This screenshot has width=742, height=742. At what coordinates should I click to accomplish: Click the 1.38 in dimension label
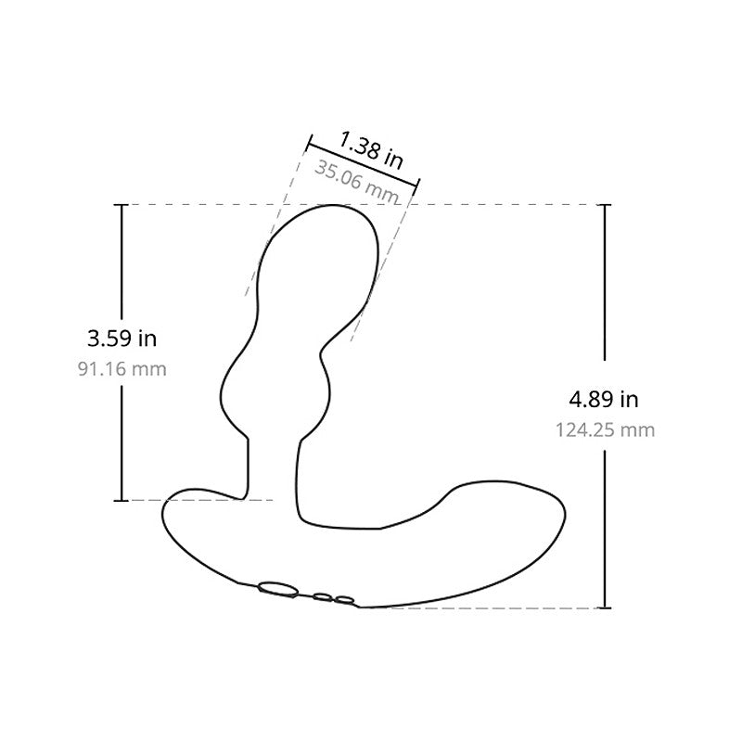click(371, 150)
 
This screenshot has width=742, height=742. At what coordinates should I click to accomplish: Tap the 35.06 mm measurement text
click(356, 182)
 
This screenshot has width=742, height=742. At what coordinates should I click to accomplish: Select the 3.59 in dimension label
click(122, 339)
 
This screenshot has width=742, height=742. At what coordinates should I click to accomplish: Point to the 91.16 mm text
click(122, 369)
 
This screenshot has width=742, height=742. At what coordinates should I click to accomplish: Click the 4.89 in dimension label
click(604, 400)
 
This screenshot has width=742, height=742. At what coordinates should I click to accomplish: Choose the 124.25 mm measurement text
click(605, 430)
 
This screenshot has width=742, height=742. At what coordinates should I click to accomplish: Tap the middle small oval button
click(322, 597)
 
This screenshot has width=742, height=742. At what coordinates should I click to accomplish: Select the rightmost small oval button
click(344, 600)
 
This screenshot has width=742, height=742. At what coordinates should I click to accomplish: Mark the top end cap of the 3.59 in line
click(122, 204)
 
